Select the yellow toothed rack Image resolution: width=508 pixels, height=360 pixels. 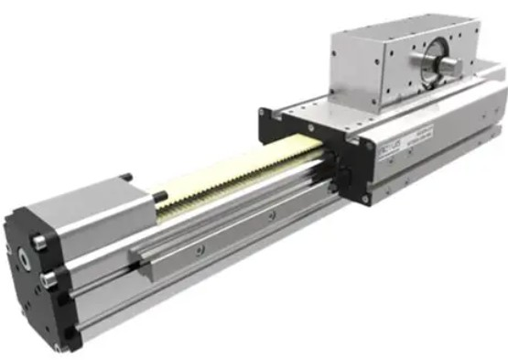click(x=238, y=175)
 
